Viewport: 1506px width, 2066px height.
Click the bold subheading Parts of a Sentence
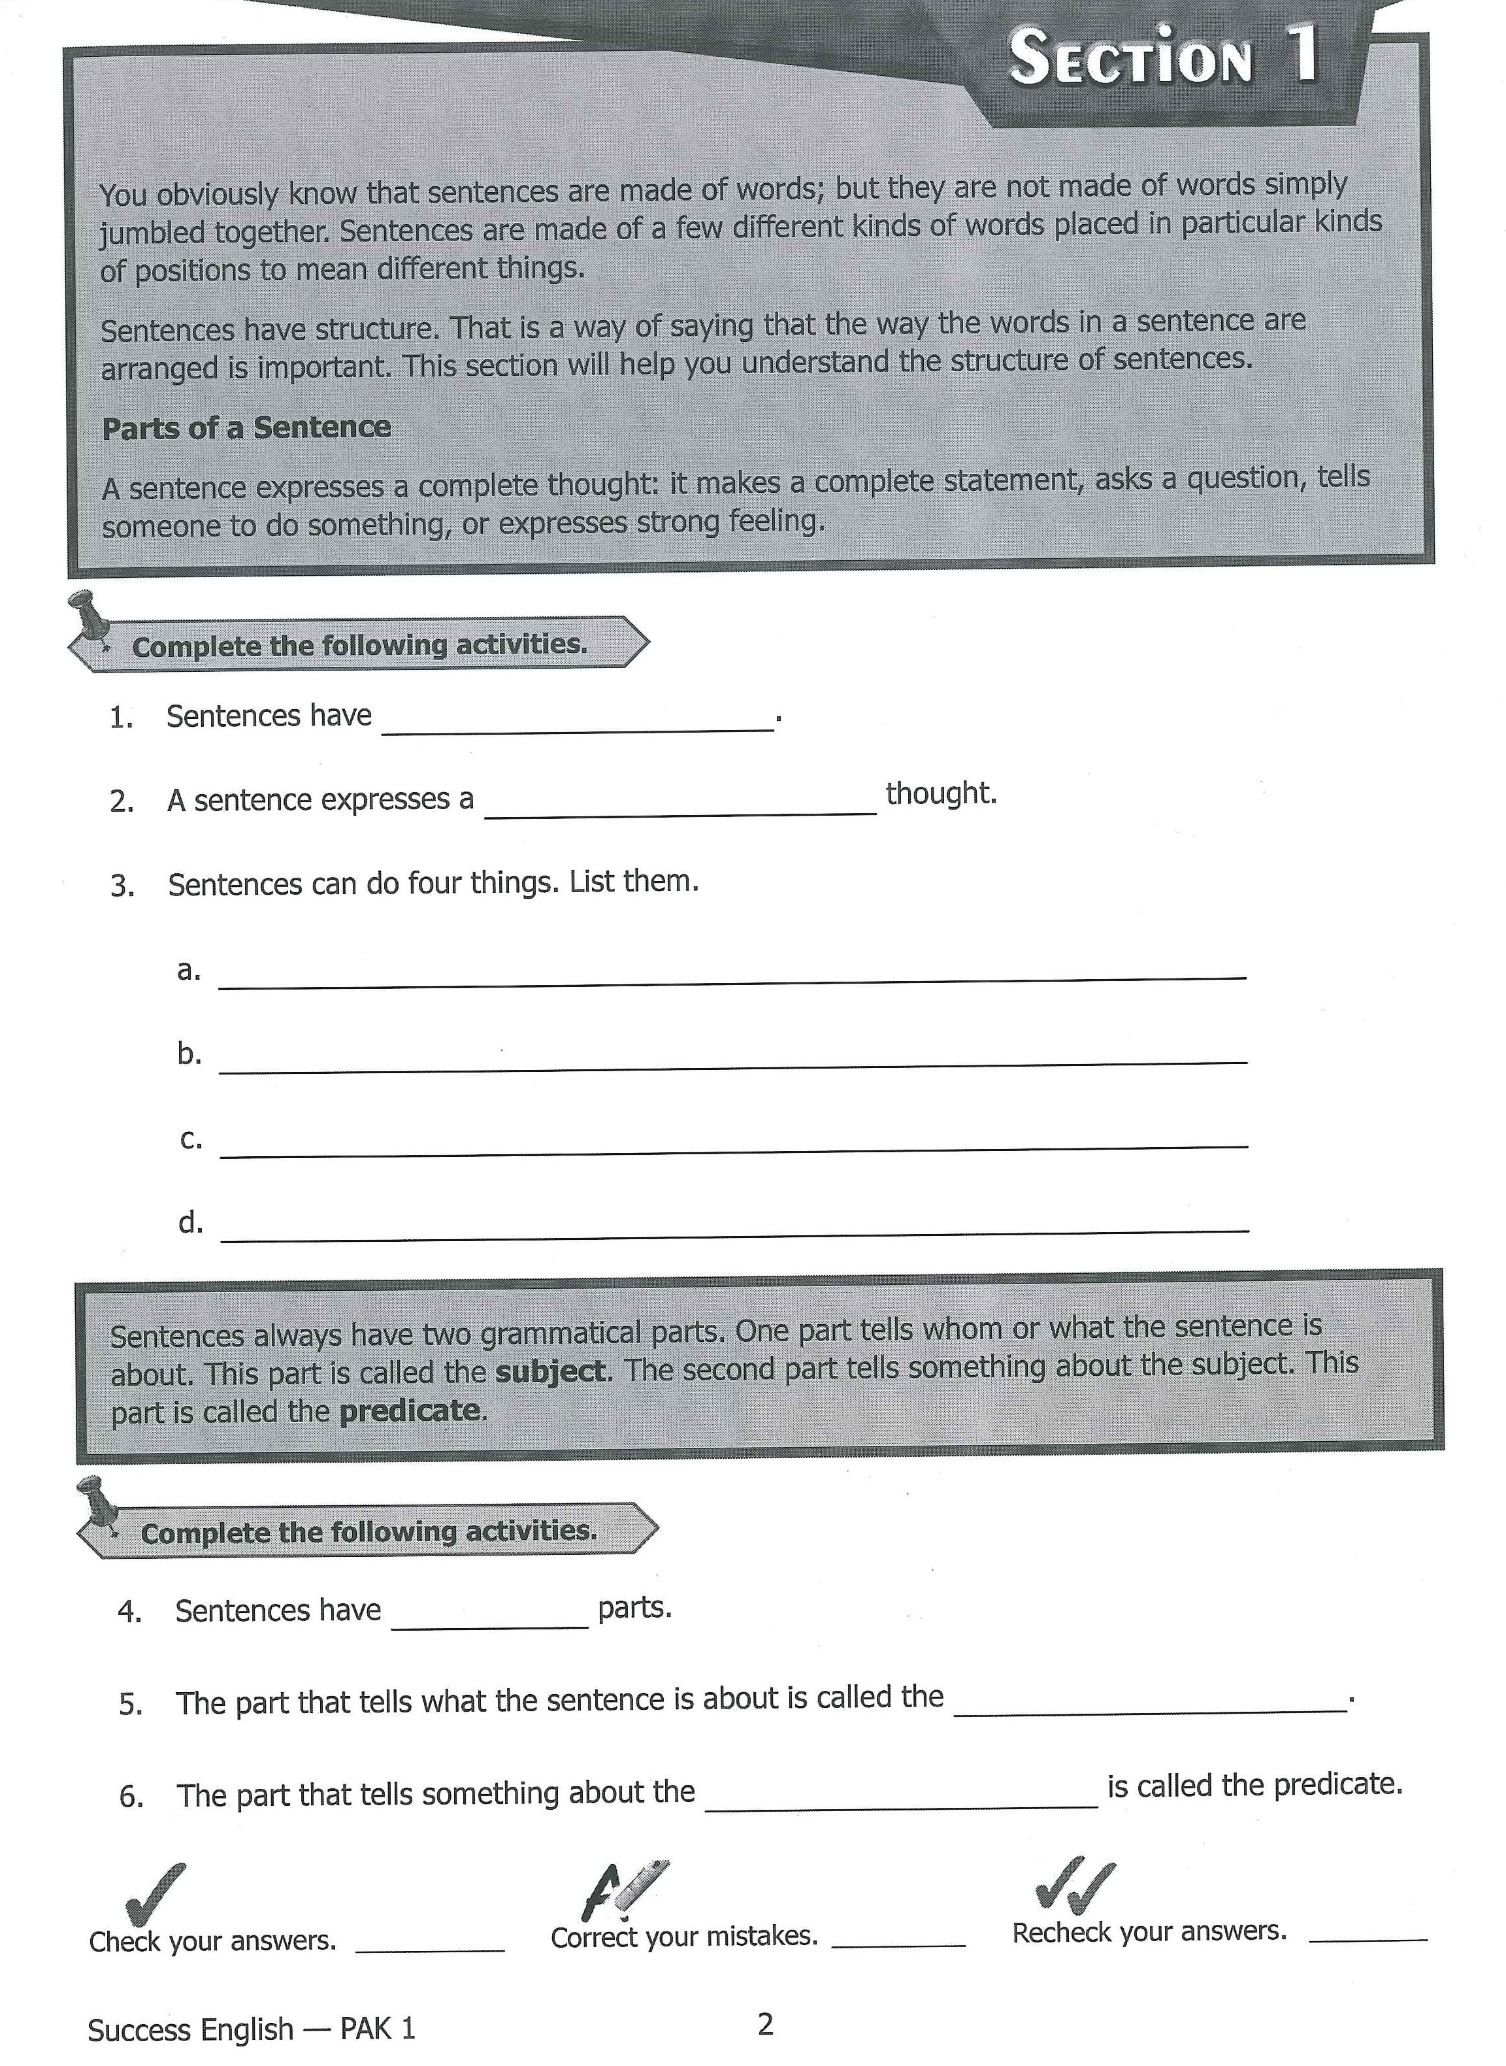click(x=246, y=427)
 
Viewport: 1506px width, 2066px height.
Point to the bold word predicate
click(x=409, y=1411)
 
